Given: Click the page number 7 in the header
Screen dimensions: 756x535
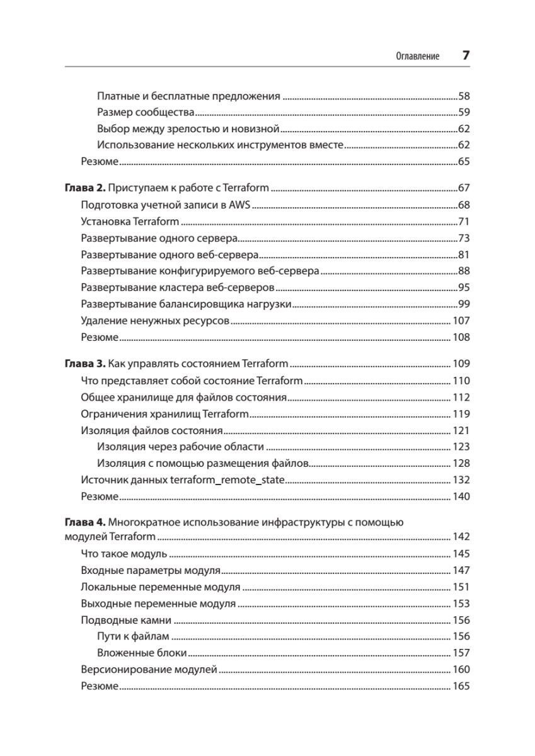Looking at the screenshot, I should tap(466, 55).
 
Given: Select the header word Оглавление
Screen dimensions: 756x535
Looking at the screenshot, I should tap(417, 56).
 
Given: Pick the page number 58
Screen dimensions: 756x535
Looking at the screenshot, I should tap(464, 96).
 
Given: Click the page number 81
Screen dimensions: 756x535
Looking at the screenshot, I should tap(464, 255).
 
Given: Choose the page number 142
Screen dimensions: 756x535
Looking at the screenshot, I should tap(461, 537).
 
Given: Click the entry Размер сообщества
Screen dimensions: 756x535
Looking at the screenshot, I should tap(146, 113).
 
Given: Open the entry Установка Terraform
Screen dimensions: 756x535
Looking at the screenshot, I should tap(130, 222).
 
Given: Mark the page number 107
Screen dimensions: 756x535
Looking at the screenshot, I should tap(461, 321).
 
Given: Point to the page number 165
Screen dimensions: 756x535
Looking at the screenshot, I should tap(461, 686).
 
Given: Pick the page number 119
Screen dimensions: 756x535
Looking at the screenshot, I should tap(461, 414).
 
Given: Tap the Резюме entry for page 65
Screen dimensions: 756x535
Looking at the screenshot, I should tap(100, 162).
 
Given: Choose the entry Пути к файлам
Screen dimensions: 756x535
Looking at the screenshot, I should tap(135, 636).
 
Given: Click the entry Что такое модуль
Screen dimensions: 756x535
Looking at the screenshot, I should tap(124, 554).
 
